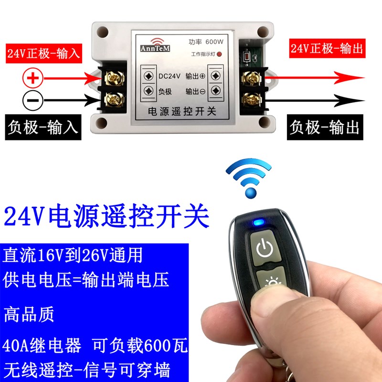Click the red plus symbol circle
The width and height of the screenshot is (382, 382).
(x=33, y=77)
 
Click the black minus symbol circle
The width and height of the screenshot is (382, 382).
(x=33, y=100)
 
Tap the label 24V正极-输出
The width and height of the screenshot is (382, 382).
(x=327, y=48)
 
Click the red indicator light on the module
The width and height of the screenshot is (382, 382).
(x=220, y=54)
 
